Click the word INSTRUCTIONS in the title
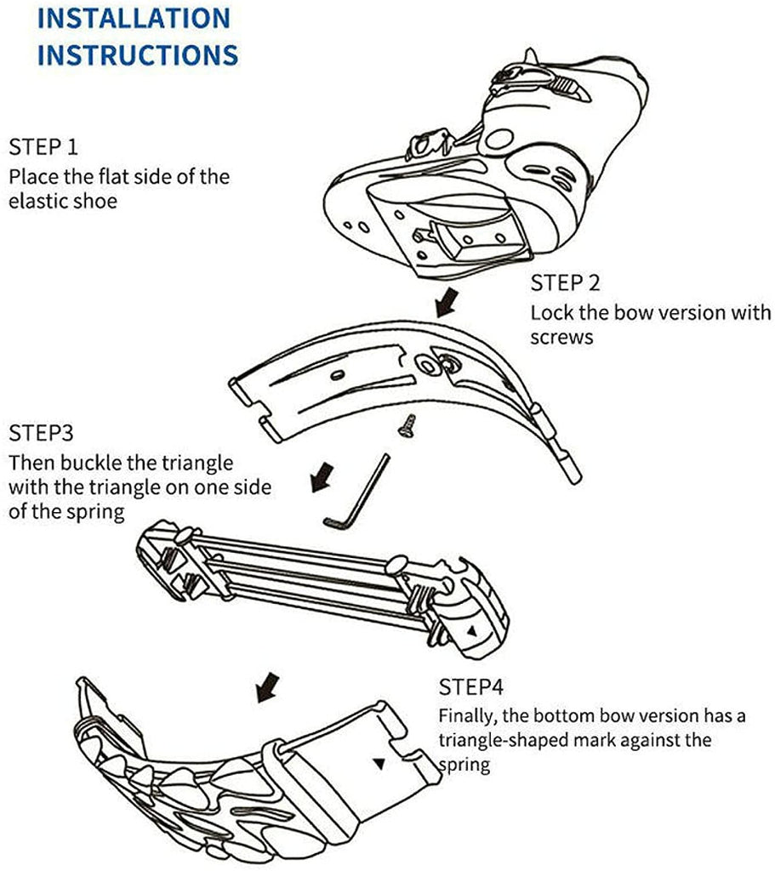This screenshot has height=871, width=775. pyautogui.click(x=137, y=54)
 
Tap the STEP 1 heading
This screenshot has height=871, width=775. pyautogui.click(x=43, y=146)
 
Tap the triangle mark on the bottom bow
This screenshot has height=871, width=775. pyautogui.click(x=378, y=764)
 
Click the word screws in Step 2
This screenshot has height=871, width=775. pyautogui.click(x=561, y=337)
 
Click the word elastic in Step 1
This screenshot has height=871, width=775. pyautogui.click(x=38, y=202)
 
